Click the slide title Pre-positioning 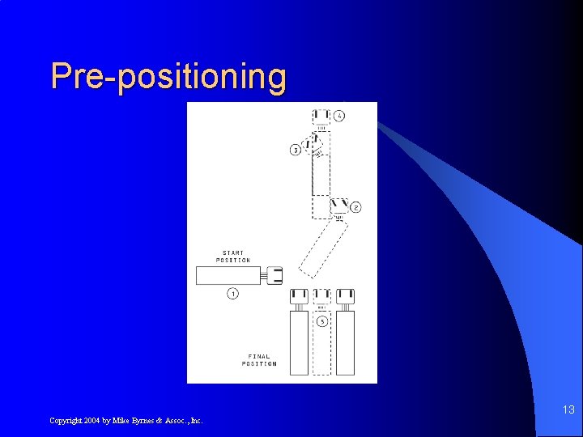[x=168, y=76]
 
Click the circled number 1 [x=232, y=294]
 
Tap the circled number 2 [x=355, y=207]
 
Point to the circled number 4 [x=339, y=116]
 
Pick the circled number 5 [x=322, y=322]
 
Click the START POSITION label [x=233, y=257]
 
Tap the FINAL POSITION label [x=259, y=360]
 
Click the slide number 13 [x=568, y=410]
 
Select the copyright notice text [x=126, y=420]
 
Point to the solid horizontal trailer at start [x=228, y=275]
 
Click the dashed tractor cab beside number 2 [x=339, y=206]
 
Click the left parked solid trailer [x=300, y=342]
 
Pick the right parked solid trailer [x=346, y=342]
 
